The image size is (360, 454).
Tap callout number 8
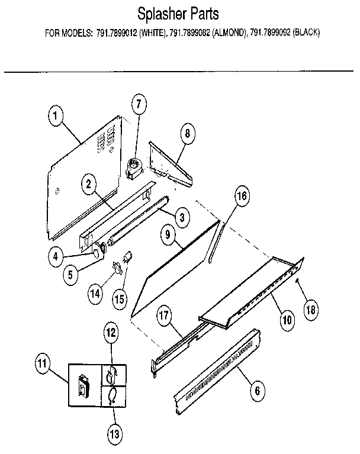tap(187, 133)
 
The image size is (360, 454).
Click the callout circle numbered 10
tap(287, 320)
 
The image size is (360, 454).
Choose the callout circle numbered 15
tap(120, 300)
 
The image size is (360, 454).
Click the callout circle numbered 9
tap(168, 236)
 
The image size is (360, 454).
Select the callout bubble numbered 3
tap(182, 218)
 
